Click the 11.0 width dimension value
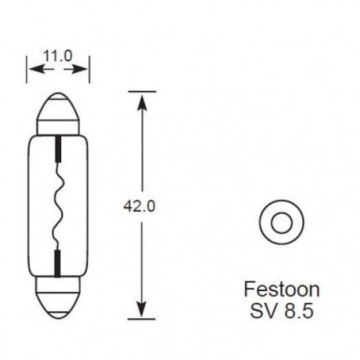point(58,56)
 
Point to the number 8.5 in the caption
point(297,310)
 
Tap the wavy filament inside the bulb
point(58,207)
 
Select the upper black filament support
point(58,147)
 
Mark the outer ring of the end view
point(266,223)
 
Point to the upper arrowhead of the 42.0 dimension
point(141,100)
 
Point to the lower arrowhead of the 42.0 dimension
point(141,313)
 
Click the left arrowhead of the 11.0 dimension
point(32,70)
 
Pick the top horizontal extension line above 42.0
point(141,90)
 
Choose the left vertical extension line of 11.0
point(27,69)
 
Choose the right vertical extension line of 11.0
point(89,69)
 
